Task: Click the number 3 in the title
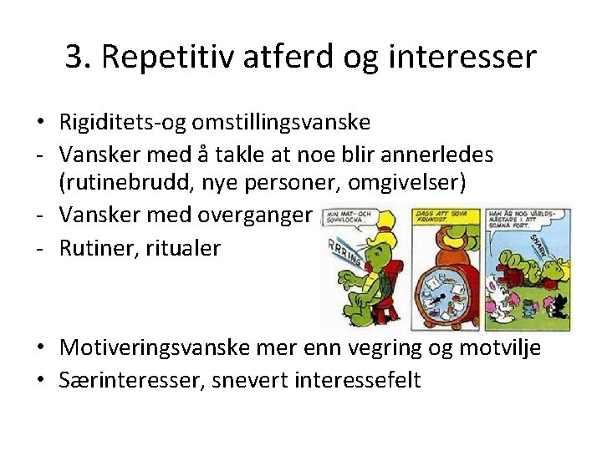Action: (x=75, y=57)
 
